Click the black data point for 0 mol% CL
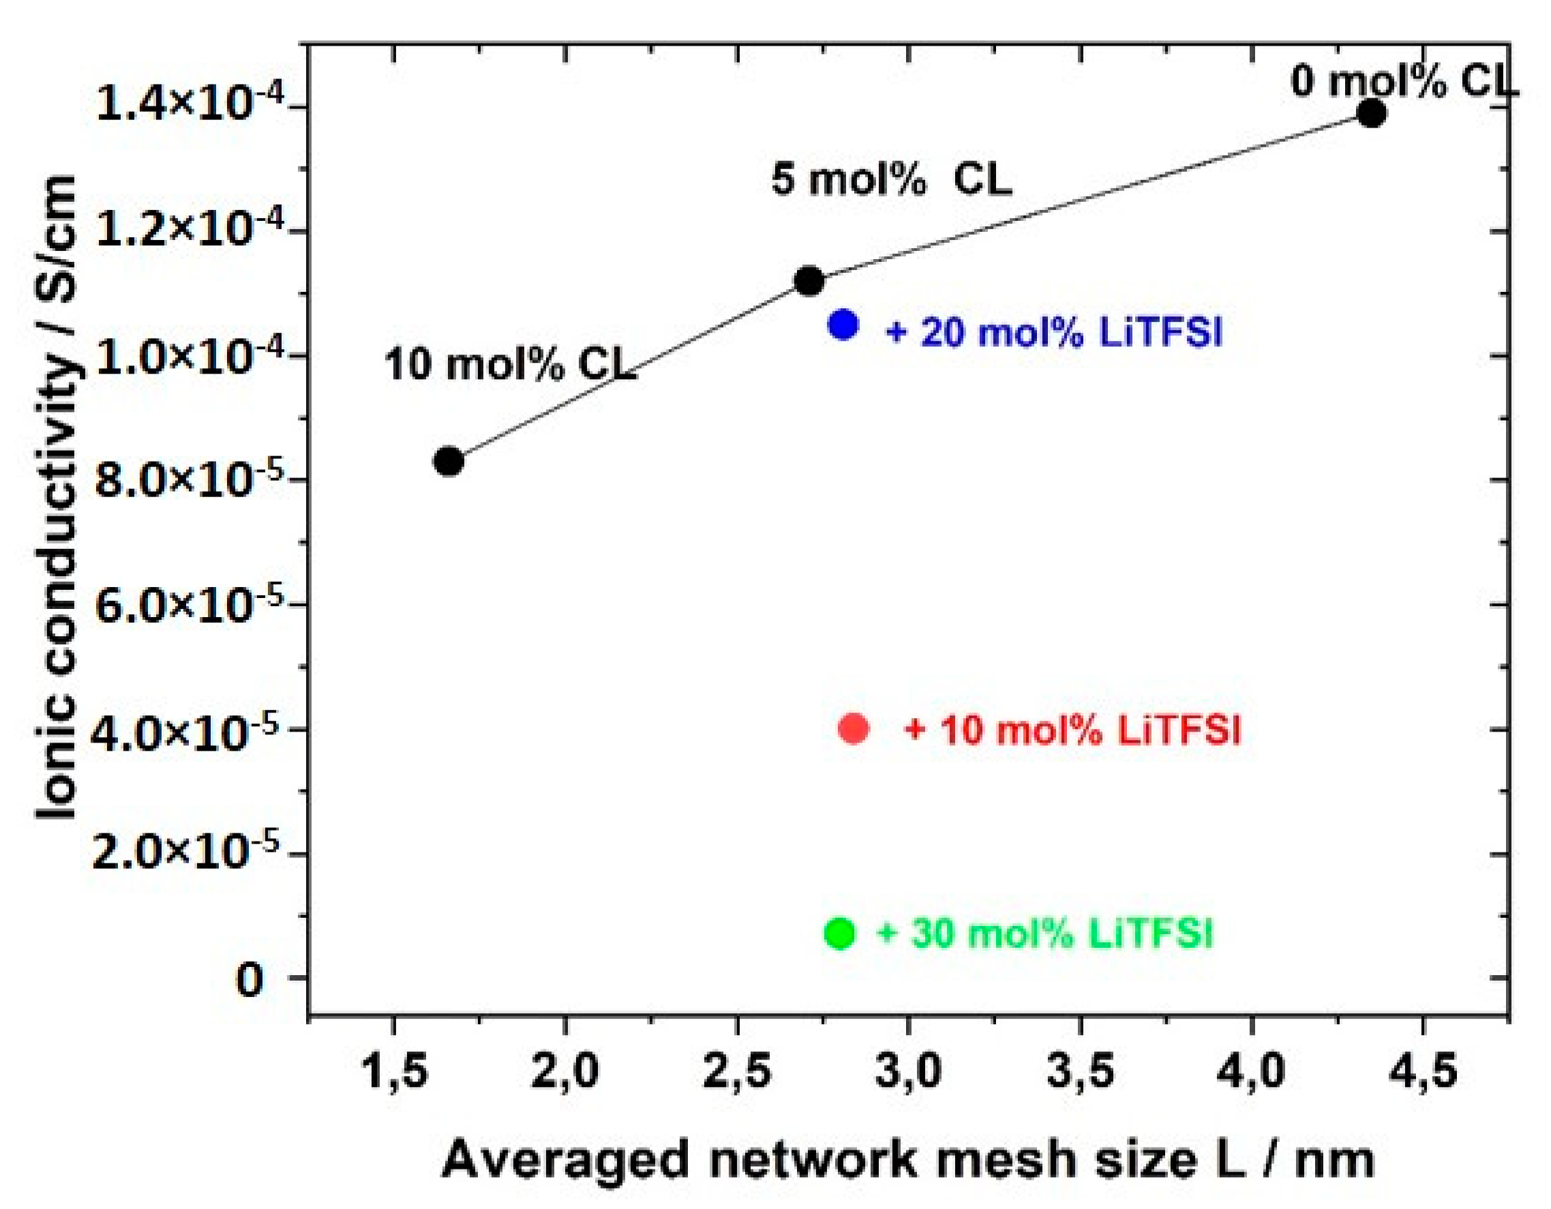pyautogui.click(x=1371, y=113)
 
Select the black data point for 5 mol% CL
pyautogui.click(x=808, y=280)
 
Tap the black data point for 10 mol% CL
pyautogui.click(x=448, y=461)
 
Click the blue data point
pyautogui.click(x=843, y=325)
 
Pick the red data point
pyautogui.click(x=854, y=728)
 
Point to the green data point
pyautogui.click(x=839, y=933)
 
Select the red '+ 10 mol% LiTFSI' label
pyautogui.click(x=1072, y=730)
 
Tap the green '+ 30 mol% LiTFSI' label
pyautogui.click(x=1044, y=933)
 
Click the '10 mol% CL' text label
pyautogui.click(x=510, y=365)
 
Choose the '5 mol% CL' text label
pyautogui.click(x=891, y=179)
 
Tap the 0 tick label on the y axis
pyautogui.click(x=250, y=981)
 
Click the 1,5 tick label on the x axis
pyautogui.click(x=395, y=1071)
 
